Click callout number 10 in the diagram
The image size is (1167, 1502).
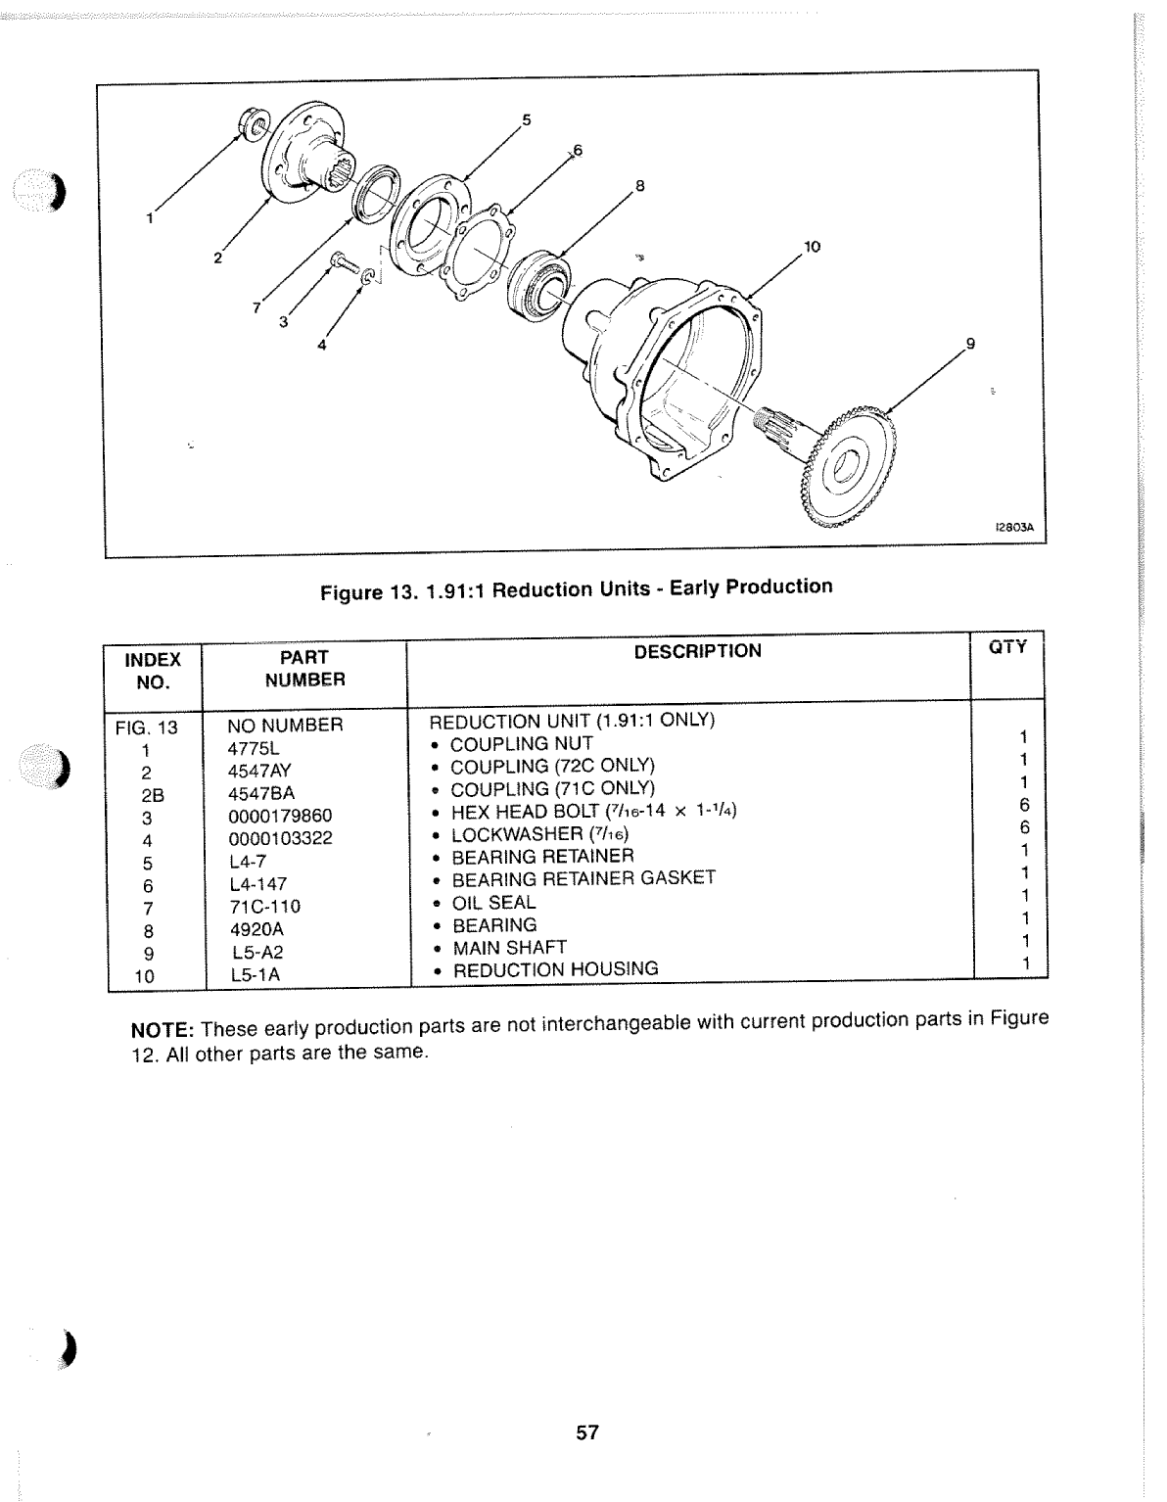point(811,247)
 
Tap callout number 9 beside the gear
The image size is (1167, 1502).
point(970,344)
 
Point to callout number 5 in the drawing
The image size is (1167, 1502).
point(526,120)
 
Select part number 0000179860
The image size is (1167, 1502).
point(280,816)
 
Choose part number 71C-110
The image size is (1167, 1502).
point(264,907)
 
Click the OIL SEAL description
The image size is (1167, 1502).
point(492,902)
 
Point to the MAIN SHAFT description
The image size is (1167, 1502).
point(508,947)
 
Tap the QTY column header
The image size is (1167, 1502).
point(1007,647)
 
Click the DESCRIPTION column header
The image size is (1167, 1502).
point(697,651)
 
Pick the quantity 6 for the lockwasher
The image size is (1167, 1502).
point(1024,828)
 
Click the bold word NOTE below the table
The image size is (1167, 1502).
point(162,1032)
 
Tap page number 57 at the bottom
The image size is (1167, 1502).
point(586,1432)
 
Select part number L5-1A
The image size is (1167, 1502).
point(256,975)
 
